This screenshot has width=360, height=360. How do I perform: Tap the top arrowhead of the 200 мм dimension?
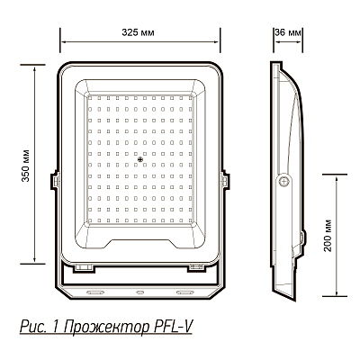click(338, 176)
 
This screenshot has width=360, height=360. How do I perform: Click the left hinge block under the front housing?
click(85, 267)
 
